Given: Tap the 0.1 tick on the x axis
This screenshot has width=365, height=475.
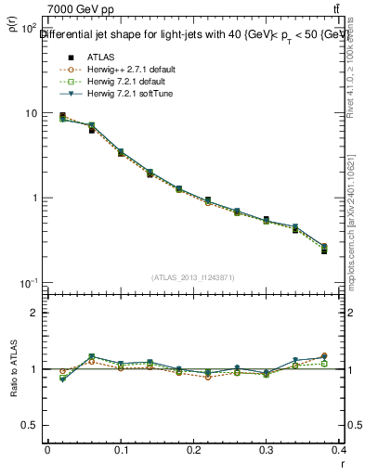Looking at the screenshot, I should coord(120,450).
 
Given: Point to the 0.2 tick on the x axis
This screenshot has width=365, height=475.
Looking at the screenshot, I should coord(193,450).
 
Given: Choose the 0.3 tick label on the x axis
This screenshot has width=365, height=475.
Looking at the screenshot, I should coord(267,450).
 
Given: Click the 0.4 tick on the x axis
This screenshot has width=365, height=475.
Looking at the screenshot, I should coord(340,450).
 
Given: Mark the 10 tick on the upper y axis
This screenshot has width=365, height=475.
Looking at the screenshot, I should coord(30,113).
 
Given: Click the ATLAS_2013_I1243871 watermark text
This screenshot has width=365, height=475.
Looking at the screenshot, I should coord(194,277).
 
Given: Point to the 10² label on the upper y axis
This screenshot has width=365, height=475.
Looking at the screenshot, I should coord(29,29).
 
